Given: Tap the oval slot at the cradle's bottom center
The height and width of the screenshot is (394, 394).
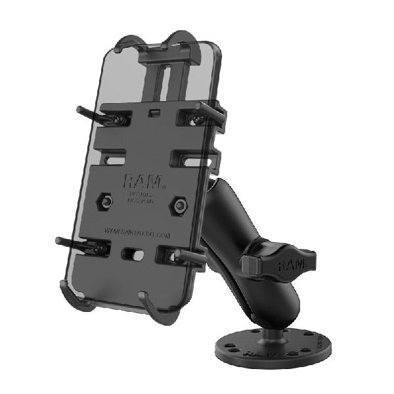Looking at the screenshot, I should [x=133, y=253].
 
